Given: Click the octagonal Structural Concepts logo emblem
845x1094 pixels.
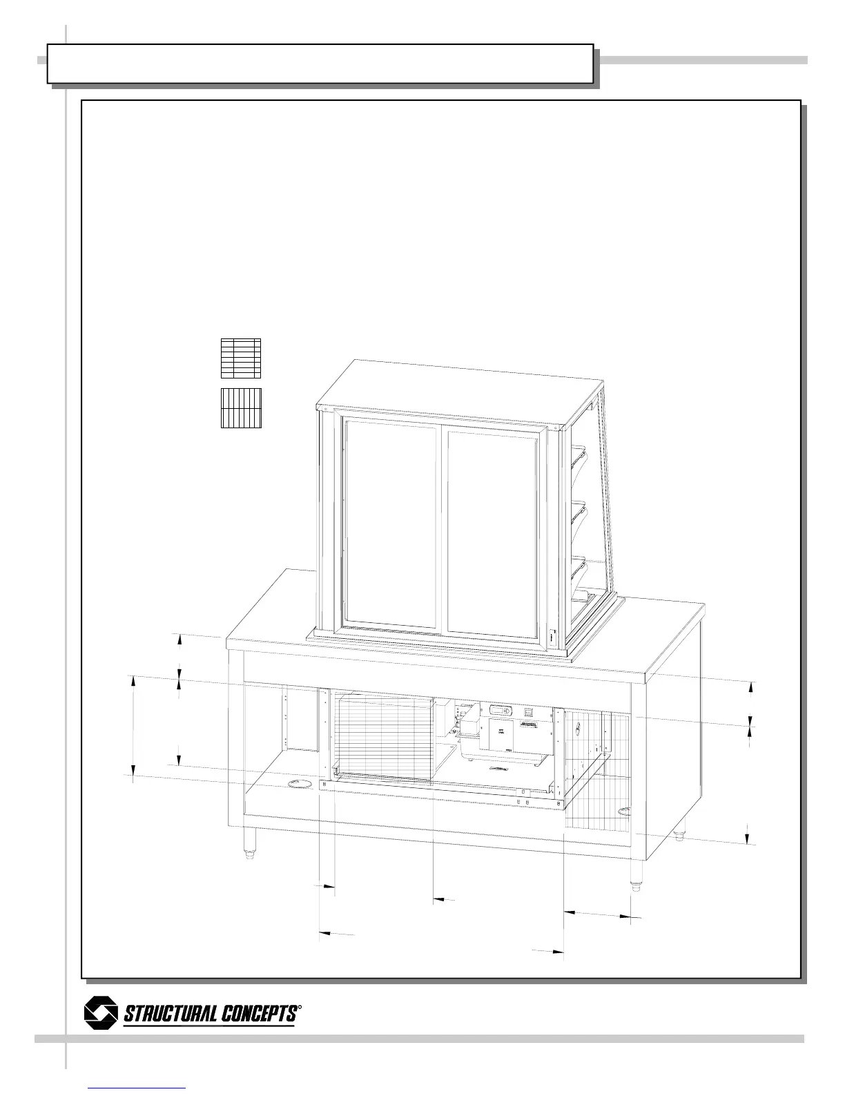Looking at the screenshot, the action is point(101,1013).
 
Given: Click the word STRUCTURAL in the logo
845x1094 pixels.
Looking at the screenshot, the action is point(171,1015).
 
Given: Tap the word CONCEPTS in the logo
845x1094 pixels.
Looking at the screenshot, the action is point(260,1014).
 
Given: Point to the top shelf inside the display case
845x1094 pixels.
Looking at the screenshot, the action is point(578,453).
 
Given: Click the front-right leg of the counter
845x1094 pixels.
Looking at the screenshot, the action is point(637,874).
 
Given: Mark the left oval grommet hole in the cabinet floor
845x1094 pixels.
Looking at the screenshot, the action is point(299,783).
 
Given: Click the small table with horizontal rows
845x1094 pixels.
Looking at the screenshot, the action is point(240,358).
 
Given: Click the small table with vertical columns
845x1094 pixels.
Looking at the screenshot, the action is point(242,408).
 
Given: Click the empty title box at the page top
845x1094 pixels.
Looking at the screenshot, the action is point(320,64).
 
